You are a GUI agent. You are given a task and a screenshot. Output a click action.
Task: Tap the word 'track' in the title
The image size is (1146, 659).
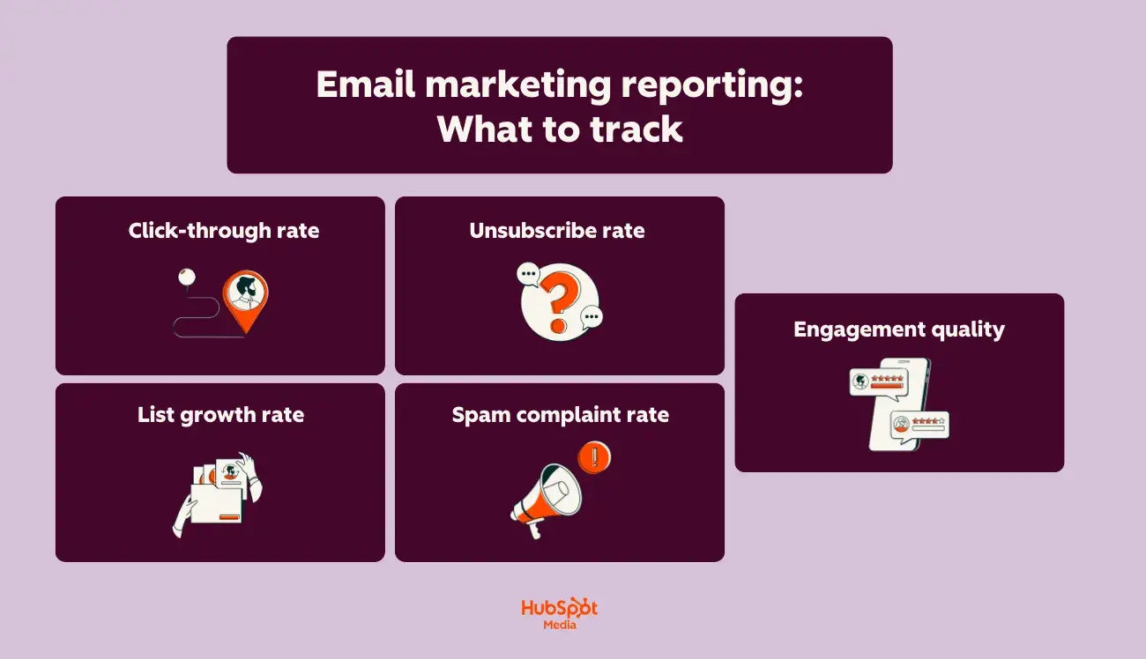tap(636, 129)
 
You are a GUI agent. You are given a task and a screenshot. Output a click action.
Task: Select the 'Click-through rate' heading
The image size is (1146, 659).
tap(224, 231)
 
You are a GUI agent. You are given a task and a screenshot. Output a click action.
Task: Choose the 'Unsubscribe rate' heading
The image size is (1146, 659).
tap(557, 231)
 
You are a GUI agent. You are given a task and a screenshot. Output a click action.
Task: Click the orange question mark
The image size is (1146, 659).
tap(557, 300)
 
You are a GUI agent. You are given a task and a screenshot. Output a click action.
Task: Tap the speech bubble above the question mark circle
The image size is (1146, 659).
tap(529, 274)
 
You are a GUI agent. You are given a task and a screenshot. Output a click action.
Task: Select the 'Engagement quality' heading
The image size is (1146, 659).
tap(899, 329)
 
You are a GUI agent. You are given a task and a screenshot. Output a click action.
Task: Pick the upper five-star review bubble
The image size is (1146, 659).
tap(878, 381)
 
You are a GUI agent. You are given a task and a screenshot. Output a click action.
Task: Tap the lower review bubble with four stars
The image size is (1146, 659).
tap(919, 425)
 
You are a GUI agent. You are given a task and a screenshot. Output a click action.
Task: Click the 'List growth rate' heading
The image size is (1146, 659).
tap(220, 415)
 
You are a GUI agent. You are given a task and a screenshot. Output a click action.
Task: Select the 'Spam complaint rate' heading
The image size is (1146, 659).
tap(561, 415)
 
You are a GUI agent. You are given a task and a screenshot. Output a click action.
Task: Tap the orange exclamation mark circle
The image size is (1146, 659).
tap(595, 457)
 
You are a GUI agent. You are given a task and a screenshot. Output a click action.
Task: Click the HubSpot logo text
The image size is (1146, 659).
tap(559, 609)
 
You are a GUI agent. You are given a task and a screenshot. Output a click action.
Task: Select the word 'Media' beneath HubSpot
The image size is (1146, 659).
tap(559, 626)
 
